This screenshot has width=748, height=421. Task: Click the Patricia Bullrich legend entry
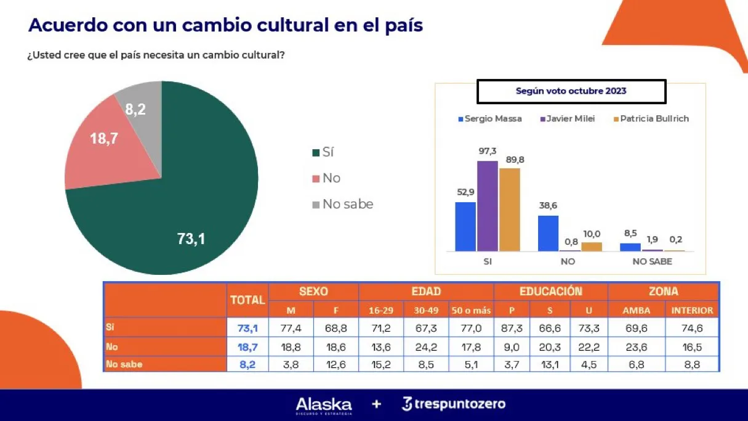(x=651, y=119)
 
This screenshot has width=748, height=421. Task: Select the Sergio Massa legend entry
(x=489, y=119)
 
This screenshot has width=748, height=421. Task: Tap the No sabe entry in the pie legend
(x=347, y=204)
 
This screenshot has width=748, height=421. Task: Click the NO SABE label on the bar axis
(x=652, y=261)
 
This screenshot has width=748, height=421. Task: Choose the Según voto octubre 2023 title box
(x=571, y=91)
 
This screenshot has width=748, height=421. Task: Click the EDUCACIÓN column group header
(x=550, y=292)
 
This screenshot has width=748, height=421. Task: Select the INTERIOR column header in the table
(x=692, y=310)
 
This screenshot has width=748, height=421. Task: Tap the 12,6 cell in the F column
(x=336, y=364)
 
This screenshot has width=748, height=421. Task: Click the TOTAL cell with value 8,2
(x=247, y=364)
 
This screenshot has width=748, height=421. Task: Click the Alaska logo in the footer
(x=324, y=405)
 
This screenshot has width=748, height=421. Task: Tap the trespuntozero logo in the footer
(x=454, y=404)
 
